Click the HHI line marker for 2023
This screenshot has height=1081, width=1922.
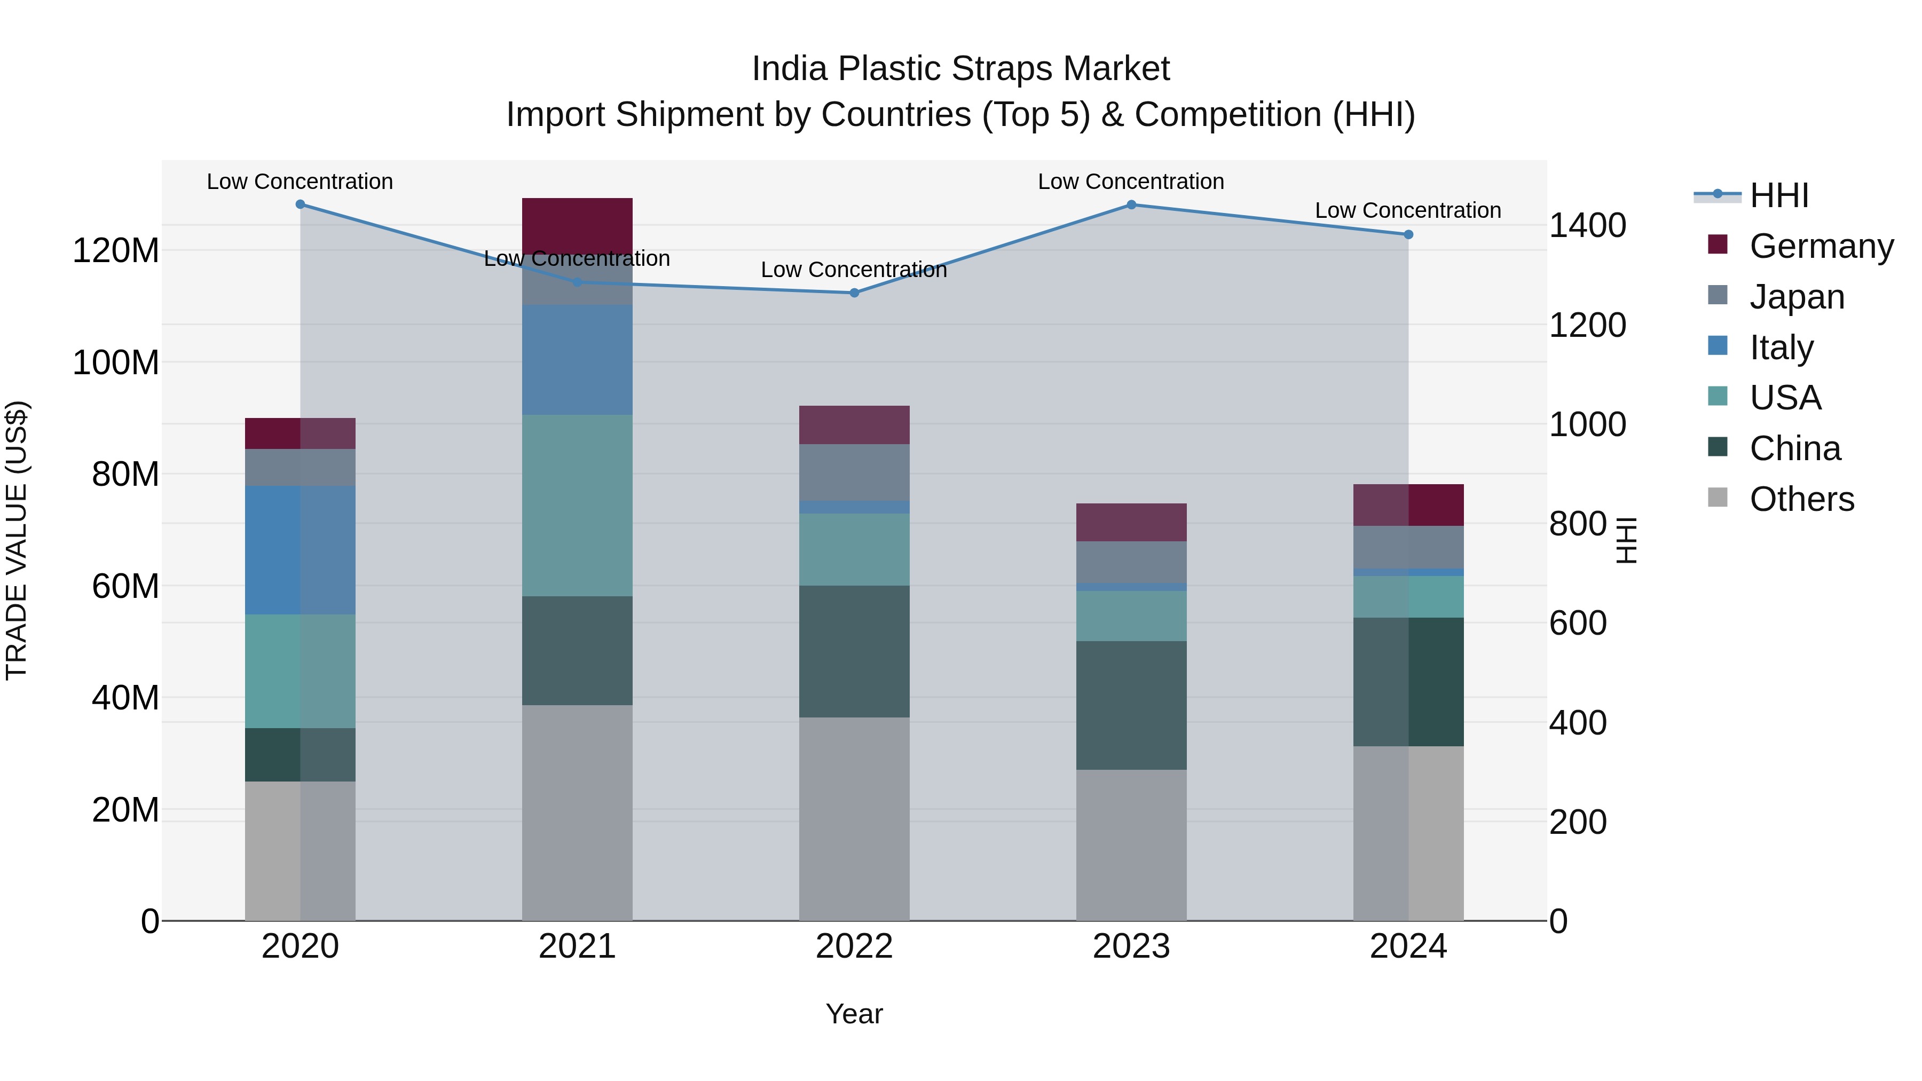coord(1131,204)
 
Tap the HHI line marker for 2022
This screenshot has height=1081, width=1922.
coord(854,293)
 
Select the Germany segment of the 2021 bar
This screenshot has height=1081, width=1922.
coord(577,224)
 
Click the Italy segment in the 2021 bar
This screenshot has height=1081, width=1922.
coord(577,360)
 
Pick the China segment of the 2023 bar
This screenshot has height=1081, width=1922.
coord(1131,705)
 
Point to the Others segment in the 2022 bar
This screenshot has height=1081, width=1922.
coord(854,818)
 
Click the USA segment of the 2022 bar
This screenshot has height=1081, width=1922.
coord(854,549)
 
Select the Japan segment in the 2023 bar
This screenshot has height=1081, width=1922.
coord(1131,562)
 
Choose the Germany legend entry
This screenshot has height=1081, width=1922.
coord(1821,246)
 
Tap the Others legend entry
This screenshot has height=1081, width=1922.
coord(1801,499)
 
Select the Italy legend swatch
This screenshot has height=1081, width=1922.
coord(1718,346)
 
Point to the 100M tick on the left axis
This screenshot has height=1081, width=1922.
coord(116,362)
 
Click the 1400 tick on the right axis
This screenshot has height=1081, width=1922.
coord(1588,225)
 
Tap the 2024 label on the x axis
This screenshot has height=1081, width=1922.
coord(1408,946)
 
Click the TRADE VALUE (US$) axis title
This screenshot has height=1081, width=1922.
coord(17,540)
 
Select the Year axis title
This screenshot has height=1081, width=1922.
coord(854,1014)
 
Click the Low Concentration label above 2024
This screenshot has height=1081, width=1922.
coord(1408,210)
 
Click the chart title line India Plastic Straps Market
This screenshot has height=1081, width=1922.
coord(960,69)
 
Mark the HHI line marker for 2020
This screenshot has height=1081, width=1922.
coord(300,204)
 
